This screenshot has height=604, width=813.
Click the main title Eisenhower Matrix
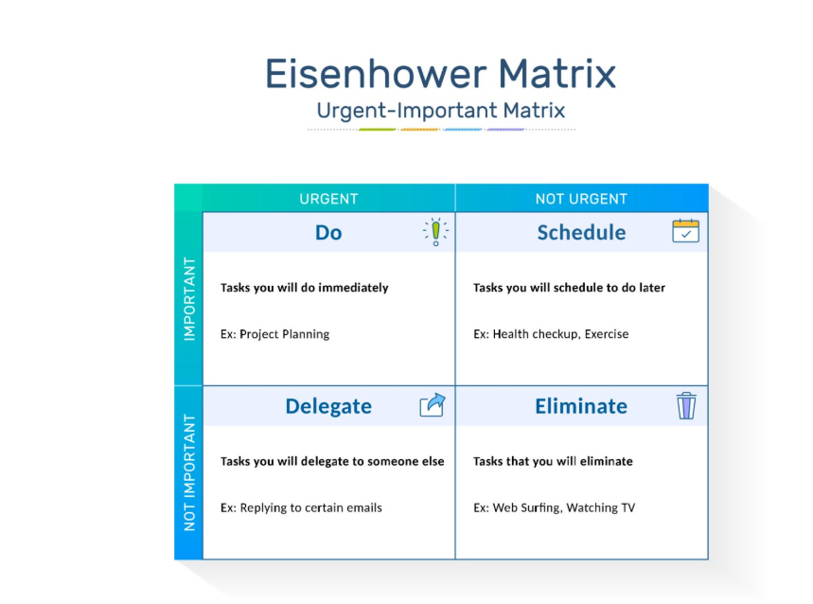pyautogui.click(x=440, y=74)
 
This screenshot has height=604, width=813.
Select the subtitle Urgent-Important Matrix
pyautogui.click(x=441, y=111)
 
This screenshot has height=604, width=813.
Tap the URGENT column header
pyautogui.click(x=328, y=199)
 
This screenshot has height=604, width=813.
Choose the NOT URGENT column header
pyautogui.click(x=581, y=199)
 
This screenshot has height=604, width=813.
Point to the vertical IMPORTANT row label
pyautogui.click(x=190, y=299)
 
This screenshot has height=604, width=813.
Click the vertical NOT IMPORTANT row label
pyautogui.click(x=190, y=472)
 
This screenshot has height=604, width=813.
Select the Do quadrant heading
pyautogui.click(x=328, y=233)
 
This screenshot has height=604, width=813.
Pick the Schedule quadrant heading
pyautogui.click(x=581, y=232)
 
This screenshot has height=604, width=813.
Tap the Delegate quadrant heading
pyautogui.click(x=328, y=406)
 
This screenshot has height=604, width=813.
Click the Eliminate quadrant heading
pyautogui.click(x=581, y=406)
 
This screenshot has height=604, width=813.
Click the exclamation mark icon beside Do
pyautogui.click(x=436, y=232)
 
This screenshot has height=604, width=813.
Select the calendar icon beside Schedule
pyautogui.click(x=685, y=231)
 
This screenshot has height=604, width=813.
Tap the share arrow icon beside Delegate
pyautogui.click(x=433, y=405)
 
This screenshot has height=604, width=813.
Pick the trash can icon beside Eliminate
pyautogui.click(x=686, y=405)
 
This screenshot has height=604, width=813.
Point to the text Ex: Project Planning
pyautogui.click(x=274, y=334)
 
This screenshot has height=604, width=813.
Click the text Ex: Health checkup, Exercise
pyautogui.click(x=551, y=334)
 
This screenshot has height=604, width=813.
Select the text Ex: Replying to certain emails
pyautogui.click(x=301, y=508)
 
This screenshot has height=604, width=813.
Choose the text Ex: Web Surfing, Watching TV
pyautogui.click(x=554, y=507)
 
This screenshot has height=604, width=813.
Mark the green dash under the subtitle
pyautogui.click(x=378, y=130)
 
